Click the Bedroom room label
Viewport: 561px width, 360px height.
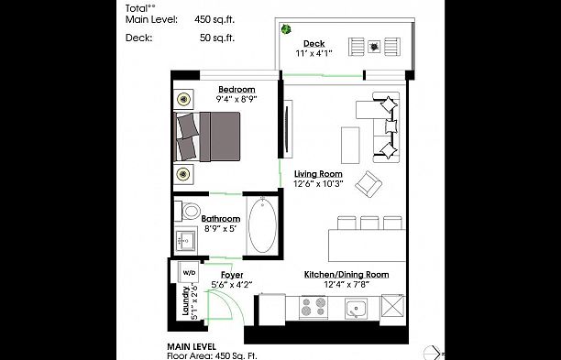tap(236, 89)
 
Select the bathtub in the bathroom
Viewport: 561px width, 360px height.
tap(261, 224)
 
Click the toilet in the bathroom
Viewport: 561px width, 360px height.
tap(189, 210)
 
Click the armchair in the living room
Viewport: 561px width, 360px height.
tap(371, 183)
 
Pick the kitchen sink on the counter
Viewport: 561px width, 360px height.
tap(357, 309)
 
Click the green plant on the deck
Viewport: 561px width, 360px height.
tap(287, 30)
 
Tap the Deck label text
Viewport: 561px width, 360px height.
tap(314, 43)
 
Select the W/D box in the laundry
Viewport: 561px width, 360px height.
tap(189, 273)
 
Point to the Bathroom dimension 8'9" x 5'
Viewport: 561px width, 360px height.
tap(220, 230)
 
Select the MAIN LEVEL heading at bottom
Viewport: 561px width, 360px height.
tap(192, 346)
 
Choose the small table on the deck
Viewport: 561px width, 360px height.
tap(374, 45)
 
